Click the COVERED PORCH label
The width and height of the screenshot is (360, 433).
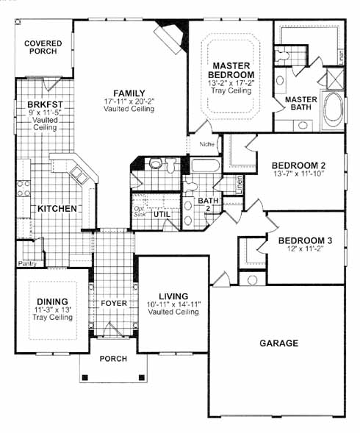(x=43, y=47)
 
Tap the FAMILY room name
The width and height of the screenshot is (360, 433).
(x=129, y=93)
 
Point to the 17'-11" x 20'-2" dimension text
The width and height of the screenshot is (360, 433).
(x=129, y=101)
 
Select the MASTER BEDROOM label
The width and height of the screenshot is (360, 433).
(x=231, y=70)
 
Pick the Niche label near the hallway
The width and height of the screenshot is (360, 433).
(x=206, y=144)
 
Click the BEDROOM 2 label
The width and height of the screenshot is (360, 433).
(x=299, y=165)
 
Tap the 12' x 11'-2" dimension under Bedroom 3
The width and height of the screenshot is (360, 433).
(x=305, y=248)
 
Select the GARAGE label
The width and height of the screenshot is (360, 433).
(x=279, y=343)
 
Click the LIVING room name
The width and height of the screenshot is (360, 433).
(x=173, y=296)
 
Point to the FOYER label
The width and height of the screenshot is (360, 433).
(x=114, y=303)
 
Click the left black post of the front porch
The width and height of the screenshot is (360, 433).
(x=84, y=377)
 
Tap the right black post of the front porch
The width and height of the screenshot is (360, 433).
(x=142, y=377)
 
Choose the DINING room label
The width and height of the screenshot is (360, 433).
(x=52, y=301)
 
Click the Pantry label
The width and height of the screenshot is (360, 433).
(x=27, y=264)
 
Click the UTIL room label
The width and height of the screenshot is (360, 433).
(x=162, y=214)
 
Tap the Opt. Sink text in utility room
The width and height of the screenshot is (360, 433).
(x=140, y=211)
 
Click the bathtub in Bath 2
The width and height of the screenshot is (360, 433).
(x=205, y=165)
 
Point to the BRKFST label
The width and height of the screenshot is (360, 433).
(x=46, y=104)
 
